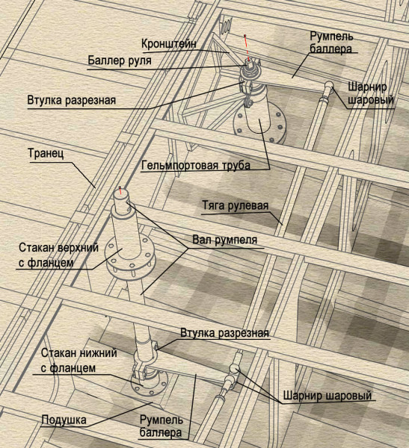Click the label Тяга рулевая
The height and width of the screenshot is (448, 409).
pyautogui.click(x=235, y=205)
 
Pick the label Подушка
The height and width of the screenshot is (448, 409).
pyautogui.click(x=64, y=420)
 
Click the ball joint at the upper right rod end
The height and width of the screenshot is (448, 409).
pyautogui.click(x=326, y=87)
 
